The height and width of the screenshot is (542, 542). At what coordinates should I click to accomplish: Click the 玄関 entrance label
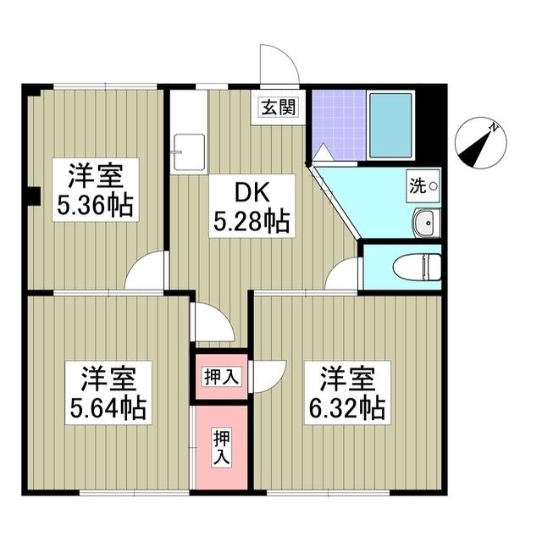[x=279, y=108]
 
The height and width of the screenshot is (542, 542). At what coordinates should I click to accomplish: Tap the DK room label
[x=251, y=194]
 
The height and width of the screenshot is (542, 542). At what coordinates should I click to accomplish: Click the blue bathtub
[x=390, y=124]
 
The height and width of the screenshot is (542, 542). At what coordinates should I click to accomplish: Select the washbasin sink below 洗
[x=426, y=223]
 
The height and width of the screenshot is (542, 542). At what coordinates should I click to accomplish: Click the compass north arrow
[x=478, y=143]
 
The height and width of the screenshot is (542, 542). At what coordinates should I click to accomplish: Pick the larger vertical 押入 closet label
[x=220, y=448]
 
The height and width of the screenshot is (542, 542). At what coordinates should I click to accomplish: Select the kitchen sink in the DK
[x=187, y=152]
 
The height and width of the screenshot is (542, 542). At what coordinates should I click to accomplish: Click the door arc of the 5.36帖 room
[x=146, y=271]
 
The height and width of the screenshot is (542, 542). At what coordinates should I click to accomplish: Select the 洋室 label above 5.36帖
[x=94, y=176]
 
